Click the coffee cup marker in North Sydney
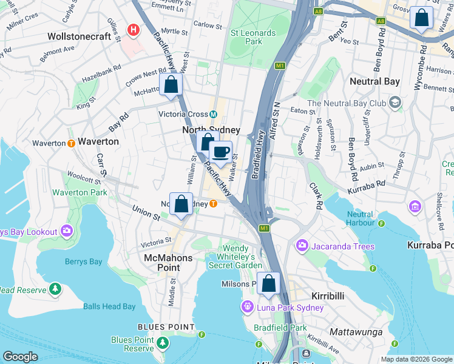click(221, 152)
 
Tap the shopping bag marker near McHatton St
click(171, 84)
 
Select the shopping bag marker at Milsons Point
click(268, 283)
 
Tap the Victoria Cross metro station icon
click(214, 115)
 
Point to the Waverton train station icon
click(71, 143)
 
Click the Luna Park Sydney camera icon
click(247, 307)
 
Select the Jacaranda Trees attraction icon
click(302, 246)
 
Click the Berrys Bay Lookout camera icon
click(67, 231)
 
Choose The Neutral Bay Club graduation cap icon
click(396, 103)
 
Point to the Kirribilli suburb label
click(328, 295)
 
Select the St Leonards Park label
click(246, 36)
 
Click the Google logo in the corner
click(20, 357)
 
